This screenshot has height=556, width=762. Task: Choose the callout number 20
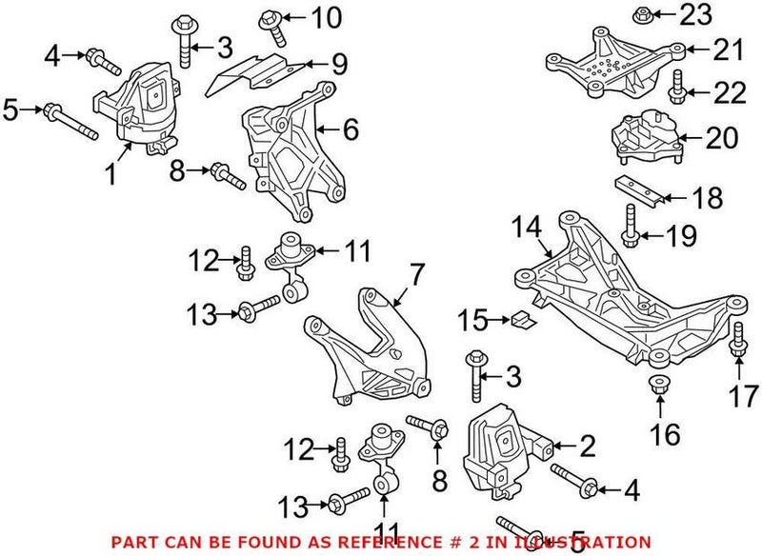point(720,139)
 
